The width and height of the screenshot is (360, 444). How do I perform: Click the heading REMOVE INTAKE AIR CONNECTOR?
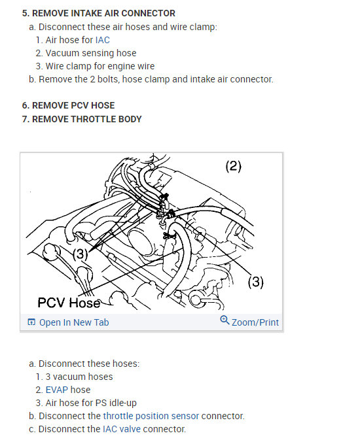(x=103, y=13)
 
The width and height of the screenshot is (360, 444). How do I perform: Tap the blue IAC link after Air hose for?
(x=103, y=40)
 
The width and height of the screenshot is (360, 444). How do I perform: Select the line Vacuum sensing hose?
(x=91, y=53)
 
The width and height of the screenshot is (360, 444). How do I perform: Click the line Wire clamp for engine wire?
(x=100, y=66)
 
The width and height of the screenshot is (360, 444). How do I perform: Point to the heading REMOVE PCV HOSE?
(x=73, y=105)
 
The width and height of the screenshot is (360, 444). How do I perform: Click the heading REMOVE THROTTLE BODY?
(x=87, y=119)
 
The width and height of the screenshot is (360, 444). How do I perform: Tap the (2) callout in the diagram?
(x=233, y=166)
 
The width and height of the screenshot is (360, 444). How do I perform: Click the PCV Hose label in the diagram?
(x=69, y=302)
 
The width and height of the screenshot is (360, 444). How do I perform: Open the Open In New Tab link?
(x=74, y=322)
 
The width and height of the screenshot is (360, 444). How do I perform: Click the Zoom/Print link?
(x=255, y=322)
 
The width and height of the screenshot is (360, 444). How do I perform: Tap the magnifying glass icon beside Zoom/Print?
(x=225, y=320)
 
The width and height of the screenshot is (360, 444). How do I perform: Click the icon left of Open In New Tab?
(x=31, y=322)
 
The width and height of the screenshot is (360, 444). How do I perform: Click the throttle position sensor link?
(x=151, y=416)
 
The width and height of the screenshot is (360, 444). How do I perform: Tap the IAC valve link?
(x=122, y=429)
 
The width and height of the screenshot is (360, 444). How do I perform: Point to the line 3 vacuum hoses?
(x=79, y=377)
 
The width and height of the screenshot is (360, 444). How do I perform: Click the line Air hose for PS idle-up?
(x=91, y=403)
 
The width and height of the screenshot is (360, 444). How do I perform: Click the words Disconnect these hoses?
(x=89, y=364)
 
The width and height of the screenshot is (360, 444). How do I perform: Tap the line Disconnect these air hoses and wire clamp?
(x=128, y=27)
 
